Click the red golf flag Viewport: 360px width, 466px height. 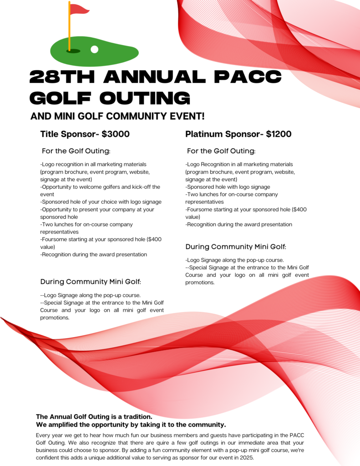[79, 9]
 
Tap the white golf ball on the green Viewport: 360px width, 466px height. [95, 49]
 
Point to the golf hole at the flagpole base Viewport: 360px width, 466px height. [73, 51]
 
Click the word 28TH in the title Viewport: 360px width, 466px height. [62, 77]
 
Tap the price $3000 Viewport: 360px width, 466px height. [116, 134]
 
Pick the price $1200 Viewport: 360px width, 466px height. [279, 134]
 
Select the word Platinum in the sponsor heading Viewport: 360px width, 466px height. [204, 134]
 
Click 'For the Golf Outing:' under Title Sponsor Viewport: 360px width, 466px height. [76, 151]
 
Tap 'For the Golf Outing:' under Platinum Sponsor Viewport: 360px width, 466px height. [221, 151]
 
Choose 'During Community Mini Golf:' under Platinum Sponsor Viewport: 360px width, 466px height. [236, 247]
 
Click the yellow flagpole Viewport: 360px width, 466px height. [69, 27]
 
